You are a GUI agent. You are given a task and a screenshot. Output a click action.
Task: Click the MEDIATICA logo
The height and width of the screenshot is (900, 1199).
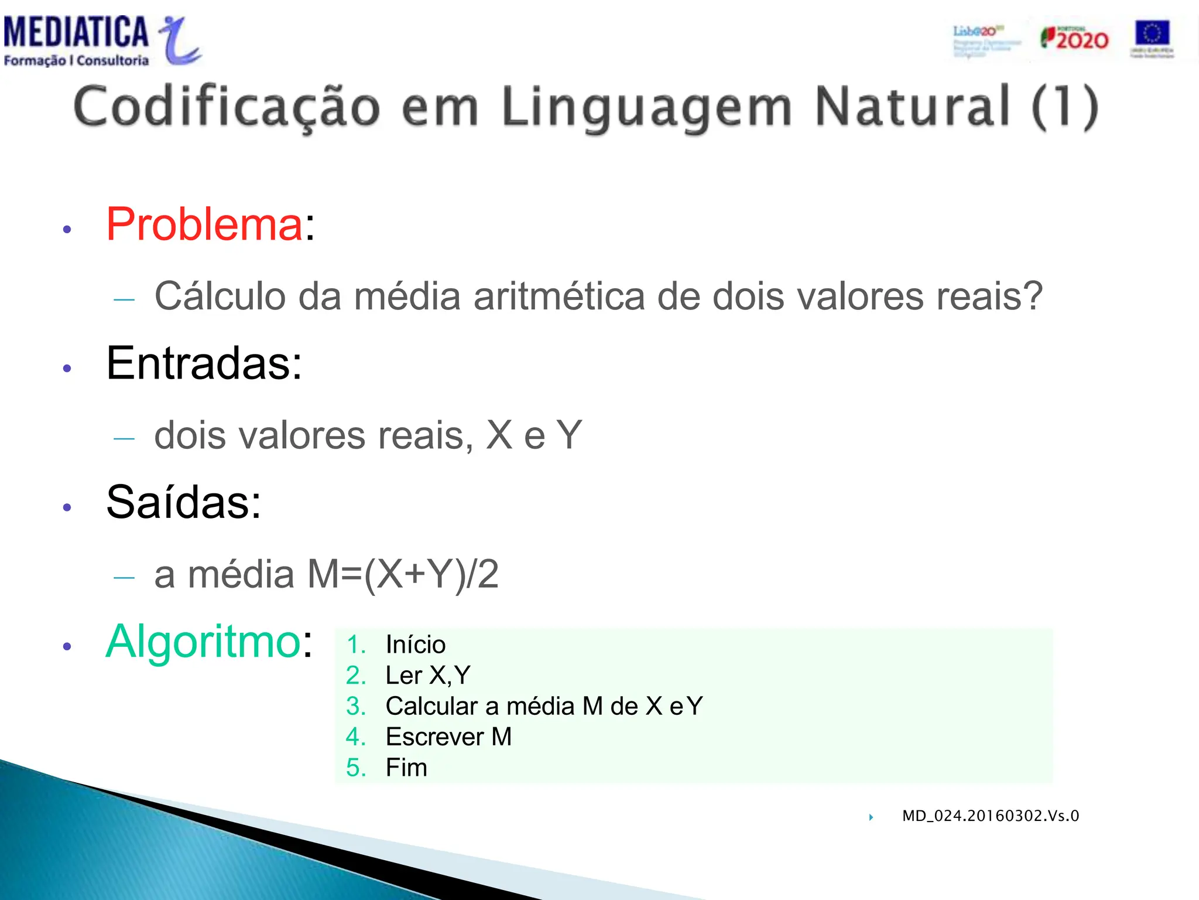(102, 40)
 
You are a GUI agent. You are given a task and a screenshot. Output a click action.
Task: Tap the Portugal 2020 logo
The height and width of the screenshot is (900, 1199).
(1074, 39)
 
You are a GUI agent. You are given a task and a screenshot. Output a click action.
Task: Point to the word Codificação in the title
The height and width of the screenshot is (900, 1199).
(227, 107)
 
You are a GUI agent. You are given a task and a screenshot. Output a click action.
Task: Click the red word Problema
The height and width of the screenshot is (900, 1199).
(204, 224)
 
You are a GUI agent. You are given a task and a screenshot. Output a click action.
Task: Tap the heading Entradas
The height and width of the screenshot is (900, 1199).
(204, 363)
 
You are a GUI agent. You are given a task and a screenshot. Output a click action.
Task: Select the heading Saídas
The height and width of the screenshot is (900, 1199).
(183, 502)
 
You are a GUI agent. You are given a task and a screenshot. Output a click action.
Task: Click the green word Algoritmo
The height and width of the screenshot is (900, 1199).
(203, 642)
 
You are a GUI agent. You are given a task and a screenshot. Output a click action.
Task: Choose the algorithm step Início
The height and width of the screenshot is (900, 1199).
(416, 645)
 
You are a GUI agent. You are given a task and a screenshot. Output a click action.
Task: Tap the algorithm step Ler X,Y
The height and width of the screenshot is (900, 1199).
(428, 676)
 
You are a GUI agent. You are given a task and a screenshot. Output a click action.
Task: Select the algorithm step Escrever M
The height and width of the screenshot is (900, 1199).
(448, 737)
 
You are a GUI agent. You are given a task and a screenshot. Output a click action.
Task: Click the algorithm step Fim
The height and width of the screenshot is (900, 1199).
(406, 768)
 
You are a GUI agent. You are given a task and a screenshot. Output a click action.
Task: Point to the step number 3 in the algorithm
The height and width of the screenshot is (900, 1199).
(355, 707)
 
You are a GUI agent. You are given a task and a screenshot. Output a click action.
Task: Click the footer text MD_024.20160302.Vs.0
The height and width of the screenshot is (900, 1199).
(990, 816)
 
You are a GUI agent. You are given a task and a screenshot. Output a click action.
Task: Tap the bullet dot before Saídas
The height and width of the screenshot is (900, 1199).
(67, 507)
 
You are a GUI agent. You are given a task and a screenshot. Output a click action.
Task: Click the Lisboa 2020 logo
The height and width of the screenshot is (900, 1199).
(985, 40)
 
